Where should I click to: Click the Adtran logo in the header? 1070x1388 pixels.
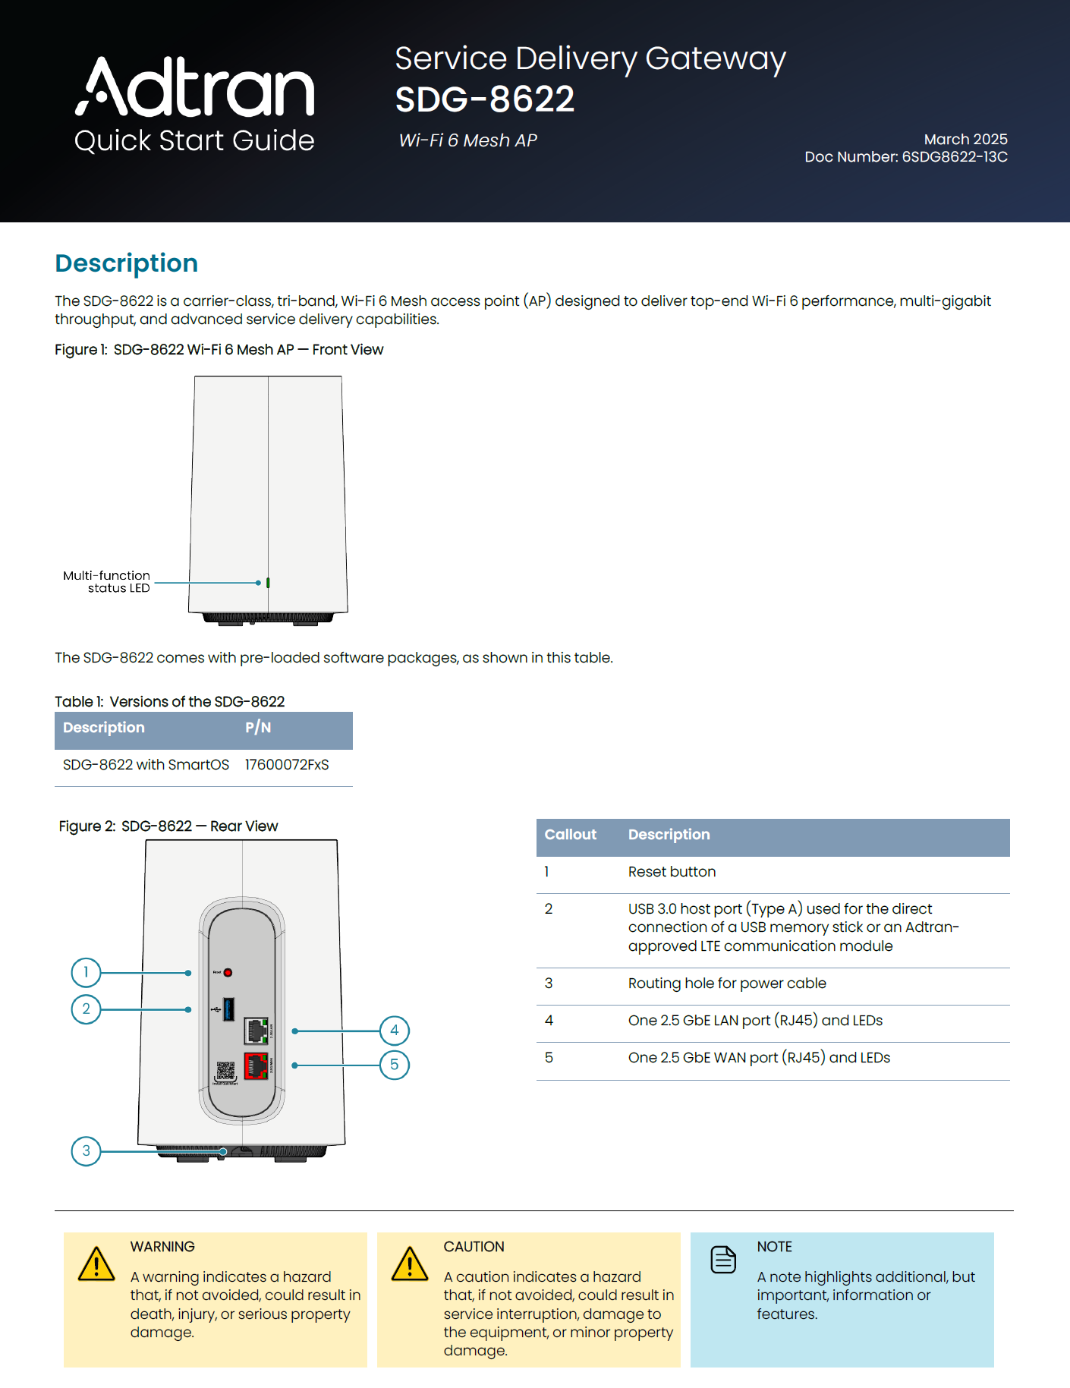pyautogui.click(x=194, y=87)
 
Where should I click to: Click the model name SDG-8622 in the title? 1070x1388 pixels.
pyautogui.click(x=484, y=99)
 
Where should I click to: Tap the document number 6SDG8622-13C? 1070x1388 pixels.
pyautogui.click(x=954, y=157)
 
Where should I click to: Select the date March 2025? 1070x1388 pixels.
pyautogui.click(x=965, y=139)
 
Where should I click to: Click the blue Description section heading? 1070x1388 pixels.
pyautogui.click(x=127, y=263)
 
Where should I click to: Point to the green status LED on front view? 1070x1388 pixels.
pyautogui.click(x=268, y=583)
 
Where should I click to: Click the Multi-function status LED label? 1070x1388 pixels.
pyautogui.click(x=107, y=581)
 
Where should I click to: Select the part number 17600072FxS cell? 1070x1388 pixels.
pyautogui.click(x=287, y=765)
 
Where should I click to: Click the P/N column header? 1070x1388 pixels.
pyautogui.click(x=258, y=728)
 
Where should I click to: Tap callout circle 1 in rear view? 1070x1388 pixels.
pyautogui.click(x=86, y=972)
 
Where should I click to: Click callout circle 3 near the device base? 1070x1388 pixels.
pyautogui.click(x=86, y=1151)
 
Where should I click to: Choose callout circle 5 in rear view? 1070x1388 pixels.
pyautogui.click(x=395, y=1065)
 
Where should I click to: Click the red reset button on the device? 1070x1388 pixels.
pyautogui.click(x=228, y=972)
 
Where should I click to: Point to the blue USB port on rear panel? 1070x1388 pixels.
pyautogui.click(x=228, y=1009)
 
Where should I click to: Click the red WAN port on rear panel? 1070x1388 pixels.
pyautogui.click(x=256, y=1065)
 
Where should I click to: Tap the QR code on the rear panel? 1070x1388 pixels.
pyautogui.click(x=225, y=1071)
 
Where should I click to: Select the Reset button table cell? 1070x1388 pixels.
pyautogui.click(x=672, y=872)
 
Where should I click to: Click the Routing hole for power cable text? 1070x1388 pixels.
pyautogui.click(x=726, y=984)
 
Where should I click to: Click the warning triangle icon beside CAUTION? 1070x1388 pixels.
pyautogui.click(x=410, y=1264)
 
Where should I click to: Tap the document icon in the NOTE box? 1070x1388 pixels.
pyautogui.click(x=723, y=1260)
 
